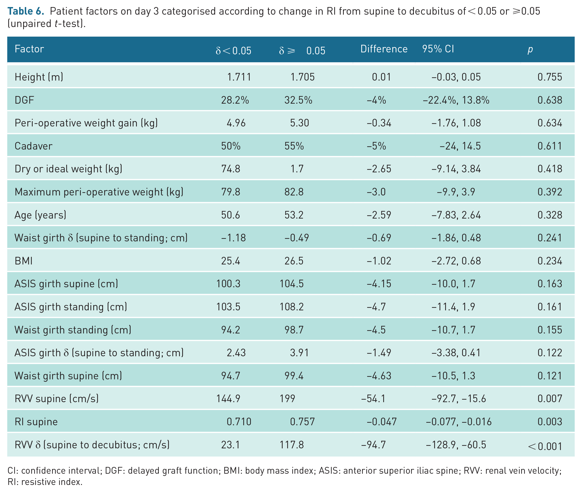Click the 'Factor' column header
point(29,49)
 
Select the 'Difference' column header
point(384,49)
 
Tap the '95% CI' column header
point(438,49)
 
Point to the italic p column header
point(530,50)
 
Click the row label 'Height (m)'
point(39,77)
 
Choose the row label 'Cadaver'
point(34,146)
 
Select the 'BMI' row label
point(24,261)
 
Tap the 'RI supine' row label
point(36,422)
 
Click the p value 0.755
point(550,77)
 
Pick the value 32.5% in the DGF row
point(298,100)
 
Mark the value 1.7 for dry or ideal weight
point(297,169)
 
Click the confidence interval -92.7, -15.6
point(459,399)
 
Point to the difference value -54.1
point(373,399)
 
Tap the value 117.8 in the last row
point(292,445)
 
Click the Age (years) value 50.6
point(230,215)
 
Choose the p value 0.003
point(550,422)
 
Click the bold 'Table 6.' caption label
point(26,11)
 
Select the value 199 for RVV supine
point(287,399)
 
